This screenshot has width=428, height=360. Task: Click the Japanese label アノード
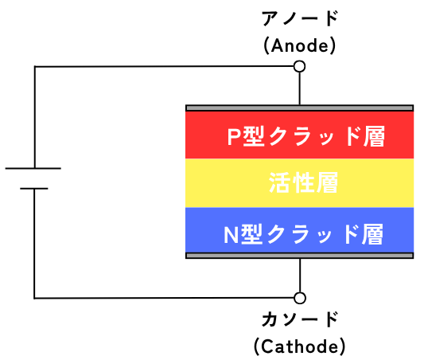(300, 18)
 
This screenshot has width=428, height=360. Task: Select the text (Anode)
(300, 45)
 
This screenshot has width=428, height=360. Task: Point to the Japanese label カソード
(300, 319)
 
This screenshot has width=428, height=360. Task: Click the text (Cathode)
(300, 346)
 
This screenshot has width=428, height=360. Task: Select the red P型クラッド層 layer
(299, 135)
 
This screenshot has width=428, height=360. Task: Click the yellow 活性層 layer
(299, 183)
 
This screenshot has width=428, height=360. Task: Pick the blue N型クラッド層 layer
(299, 230)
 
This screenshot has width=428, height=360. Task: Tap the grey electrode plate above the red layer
(299, 108)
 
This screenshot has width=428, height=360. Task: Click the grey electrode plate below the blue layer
(299, 256)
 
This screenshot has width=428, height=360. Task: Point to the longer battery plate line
(33, 168)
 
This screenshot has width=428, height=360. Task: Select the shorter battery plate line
(34, 189)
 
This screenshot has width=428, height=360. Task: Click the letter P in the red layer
(233, 136)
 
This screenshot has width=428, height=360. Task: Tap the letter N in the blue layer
(231, 234)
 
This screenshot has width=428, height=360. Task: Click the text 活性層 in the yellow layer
(304, 182)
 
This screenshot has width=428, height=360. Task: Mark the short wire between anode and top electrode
(299, 88)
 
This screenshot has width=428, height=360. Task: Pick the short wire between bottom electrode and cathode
(300, 276)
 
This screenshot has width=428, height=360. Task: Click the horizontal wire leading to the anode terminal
(164, 66)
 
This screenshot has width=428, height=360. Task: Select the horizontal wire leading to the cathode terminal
(164, 298)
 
